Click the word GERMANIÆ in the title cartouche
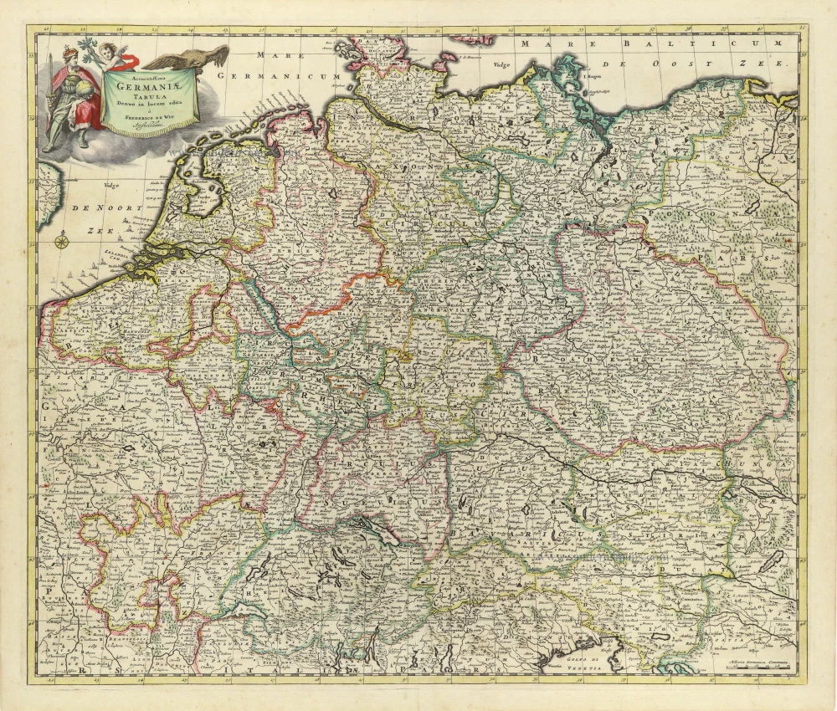coord(146,84)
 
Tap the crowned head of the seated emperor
coord(67,61)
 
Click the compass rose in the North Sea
coord(61,243)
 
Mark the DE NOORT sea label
coord(92,207)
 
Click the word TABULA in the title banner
coord(147,95)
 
